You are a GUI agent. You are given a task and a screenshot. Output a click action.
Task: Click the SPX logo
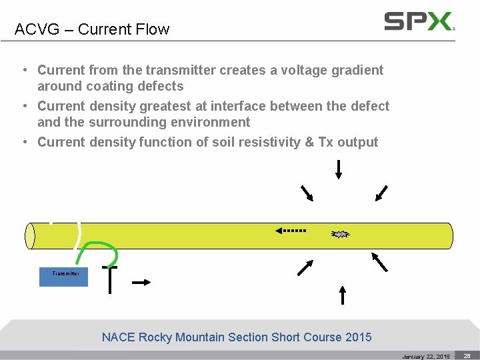[x=419, y=21]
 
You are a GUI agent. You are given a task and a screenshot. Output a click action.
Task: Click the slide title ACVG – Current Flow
[x=92, y=29]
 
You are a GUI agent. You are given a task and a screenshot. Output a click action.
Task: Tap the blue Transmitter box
[x=63, y=274]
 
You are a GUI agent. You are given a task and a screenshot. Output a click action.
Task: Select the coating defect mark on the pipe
[x=340, y=234]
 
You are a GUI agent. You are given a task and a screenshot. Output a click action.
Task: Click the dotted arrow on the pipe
[x=291, y=231]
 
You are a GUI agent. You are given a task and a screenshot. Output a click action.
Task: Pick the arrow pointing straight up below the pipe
[x=342, y=295]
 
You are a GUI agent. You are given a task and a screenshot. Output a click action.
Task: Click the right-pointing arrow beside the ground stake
[x=141, y=283]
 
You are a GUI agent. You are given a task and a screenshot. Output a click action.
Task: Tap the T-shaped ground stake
[x=109, y=279]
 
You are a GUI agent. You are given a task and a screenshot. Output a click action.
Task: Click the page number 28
[x=467, y=356]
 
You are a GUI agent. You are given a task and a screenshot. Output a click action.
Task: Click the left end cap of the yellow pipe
[x=30, y=235]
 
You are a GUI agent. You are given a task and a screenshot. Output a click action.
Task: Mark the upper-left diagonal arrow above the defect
[x=307, y=193]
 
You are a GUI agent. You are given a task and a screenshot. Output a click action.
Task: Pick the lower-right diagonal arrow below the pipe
[x=379, y=262]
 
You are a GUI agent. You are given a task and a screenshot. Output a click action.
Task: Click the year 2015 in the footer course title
[x=359, y=337]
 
